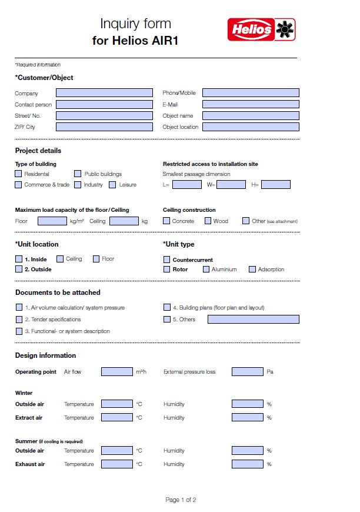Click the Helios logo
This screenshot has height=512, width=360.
261,29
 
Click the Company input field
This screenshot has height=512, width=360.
104,93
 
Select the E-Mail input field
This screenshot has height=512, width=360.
251,104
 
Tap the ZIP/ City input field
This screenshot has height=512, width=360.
104,127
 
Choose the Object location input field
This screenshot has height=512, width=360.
251,127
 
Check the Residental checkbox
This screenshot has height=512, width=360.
19,174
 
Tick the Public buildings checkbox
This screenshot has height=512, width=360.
78,174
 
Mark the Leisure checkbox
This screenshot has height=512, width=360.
112,185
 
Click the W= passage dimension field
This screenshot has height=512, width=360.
231,185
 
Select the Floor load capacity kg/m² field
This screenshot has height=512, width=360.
52,221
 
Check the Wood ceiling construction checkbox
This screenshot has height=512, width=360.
208,221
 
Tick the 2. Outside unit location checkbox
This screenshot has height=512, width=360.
19,270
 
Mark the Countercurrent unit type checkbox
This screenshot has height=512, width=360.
166,260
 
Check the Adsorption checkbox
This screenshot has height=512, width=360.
252,270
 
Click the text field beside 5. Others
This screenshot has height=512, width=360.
253,320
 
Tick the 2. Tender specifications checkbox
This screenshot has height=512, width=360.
19,320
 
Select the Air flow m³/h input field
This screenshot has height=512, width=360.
117,372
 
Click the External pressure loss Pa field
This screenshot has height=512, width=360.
247,372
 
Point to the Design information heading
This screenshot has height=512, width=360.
45,355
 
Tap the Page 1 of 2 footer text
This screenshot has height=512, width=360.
181,500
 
